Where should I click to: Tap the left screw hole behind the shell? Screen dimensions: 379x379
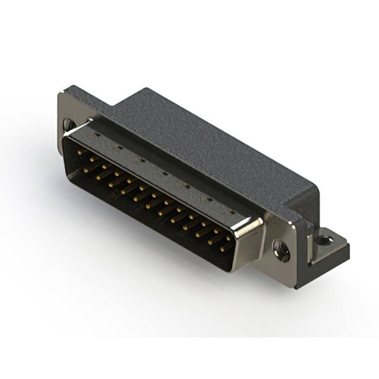(69, 125)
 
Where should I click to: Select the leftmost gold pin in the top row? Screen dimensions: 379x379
(80, 152)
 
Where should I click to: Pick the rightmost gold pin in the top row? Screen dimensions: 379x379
(228, 238)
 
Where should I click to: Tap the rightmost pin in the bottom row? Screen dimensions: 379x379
(222, 249)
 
